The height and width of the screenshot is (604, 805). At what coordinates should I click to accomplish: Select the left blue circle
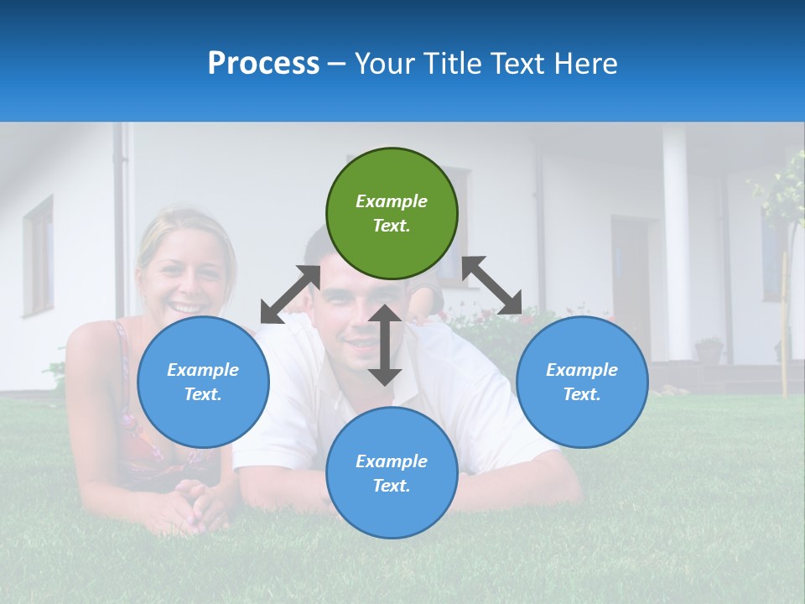pyautogui.click(x=203, y=382)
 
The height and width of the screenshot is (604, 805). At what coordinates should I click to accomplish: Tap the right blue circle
pyautogui.click(x=582, y=382)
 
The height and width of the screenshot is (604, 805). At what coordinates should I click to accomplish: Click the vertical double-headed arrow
pyautogui.click(x=385, y=345)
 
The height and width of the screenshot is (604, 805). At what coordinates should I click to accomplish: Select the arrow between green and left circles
pyautogui.click(x=290, y=294)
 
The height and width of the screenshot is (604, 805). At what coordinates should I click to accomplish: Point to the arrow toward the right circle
pyautogui.click(x=492, y=285)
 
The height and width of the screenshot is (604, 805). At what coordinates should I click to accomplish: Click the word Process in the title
pyautogui.click(x=263, y=63)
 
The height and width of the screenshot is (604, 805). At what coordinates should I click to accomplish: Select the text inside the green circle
pyautogui.click(x=392, y=213)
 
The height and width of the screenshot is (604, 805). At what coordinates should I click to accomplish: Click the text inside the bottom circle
pyautogui.click(x=392, y=473)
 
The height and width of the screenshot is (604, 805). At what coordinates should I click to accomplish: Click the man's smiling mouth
pyautogui.click(x=362, y=344)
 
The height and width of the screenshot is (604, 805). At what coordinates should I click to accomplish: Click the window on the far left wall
pyautogui.click(x=38, y=256)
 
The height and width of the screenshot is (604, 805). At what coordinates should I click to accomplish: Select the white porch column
pyautogui.click(x=676, y=243)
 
